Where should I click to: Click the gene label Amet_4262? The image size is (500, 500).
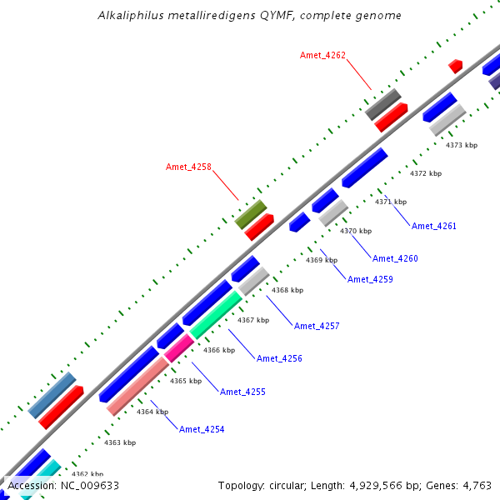(x=322, y=56)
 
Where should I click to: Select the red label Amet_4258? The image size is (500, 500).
(x=188, y=167)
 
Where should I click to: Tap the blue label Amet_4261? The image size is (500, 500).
(x=434, y=226)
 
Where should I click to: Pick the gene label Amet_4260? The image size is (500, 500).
(x=395, y=258)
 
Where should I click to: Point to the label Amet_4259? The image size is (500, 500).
(x=370, y=279)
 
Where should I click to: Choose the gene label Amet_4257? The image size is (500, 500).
(x=317, y=326)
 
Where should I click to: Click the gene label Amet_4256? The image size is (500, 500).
(x=279, y=358)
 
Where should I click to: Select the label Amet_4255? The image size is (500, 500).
(x=242, y=392)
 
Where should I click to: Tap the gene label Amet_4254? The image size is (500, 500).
(x=202, y=429)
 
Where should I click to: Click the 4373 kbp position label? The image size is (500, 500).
(x=462, y=145)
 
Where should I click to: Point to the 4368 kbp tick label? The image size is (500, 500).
(x=287, y=290)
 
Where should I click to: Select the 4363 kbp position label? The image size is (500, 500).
(x=120, y=442)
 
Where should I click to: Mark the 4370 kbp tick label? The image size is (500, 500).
(x=356, y=231)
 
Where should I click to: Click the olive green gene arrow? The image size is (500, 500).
(x=250, y=214)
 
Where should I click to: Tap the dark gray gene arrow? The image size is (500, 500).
(x=383, y=104)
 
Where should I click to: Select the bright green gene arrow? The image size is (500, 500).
(x=216, y=315)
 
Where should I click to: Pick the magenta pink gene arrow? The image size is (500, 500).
(x=179, y=348)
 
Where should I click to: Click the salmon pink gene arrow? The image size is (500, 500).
(x=138, y=386)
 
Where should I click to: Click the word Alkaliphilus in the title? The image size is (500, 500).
(x=131, y=16)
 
